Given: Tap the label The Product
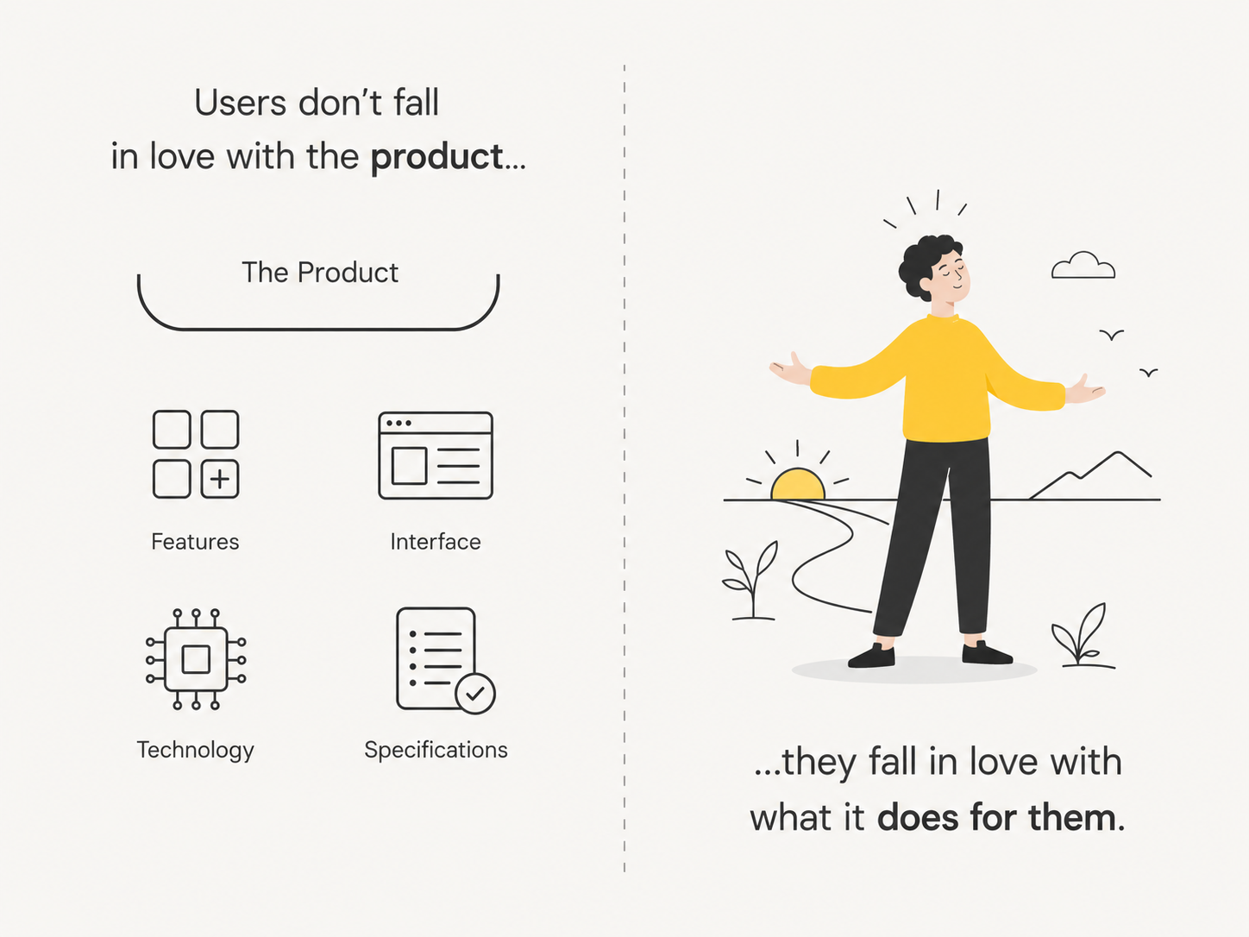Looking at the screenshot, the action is point(320,273).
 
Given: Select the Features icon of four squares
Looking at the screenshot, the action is point(196,454).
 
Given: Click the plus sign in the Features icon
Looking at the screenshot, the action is point(220,479).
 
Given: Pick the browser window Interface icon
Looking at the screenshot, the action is point(436,456).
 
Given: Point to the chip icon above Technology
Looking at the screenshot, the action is point(196,659).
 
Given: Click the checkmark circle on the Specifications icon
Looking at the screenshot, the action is point(475,694).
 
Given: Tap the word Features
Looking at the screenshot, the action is point(195,542).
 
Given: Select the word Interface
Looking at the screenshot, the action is point(436,542).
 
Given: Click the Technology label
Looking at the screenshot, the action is point(195,751).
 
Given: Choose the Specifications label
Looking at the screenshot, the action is point(436,751).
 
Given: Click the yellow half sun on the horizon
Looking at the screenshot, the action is point(798,485).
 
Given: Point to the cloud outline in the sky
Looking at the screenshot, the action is point(1083,266).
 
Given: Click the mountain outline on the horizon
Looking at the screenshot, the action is point(1089,475).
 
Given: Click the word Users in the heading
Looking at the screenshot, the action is point(240,103).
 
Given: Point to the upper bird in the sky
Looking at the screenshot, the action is point(1111,335).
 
